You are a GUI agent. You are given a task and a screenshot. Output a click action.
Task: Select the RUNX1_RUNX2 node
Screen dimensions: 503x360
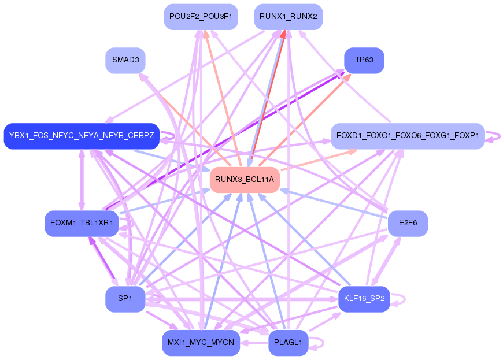(288, 17)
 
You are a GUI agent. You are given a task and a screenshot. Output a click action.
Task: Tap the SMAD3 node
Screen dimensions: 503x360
(125, 60)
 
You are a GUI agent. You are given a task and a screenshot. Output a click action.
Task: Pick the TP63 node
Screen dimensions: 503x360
(364, 60)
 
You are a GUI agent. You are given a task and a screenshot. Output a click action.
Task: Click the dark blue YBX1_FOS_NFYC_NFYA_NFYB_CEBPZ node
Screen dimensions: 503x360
(82, 136)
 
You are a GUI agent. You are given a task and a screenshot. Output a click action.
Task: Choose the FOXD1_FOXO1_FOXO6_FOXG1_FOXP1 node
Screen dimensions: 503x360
(408, 136)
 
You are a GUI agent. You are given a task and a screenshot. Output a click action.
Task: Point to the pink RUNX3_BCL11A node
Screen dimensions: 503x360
(245, 180)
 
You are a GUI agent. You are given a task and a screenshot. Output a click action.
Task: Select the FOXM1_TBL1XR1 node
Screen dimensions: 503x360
(82, 223)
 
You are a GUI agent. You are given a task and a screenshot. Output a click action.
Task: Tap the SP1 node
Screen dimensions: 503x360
(125, 299)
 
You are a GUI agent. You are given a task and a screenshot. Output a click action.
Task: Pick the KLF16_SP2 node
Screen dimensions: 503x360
(364, 299)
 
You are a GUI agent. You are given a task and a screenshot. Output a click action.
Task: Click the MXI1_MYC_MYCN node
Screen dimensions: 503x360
(201, 343)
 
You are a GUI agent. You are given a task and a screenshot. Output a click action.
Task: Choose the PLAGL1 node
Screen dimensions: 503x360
(288, 343)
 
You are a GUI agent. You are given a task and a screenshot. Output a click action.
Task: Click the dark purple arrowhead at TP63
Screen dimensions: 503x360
(341, 71)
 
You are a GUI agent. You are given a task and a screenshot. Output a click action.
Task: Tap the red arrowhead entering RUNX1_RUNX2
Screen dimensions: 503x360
(283, 34)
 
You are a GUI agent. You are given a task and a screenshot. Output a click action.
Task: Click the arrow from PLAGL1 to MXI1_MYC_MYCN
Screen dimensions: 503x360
(254, 343)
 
